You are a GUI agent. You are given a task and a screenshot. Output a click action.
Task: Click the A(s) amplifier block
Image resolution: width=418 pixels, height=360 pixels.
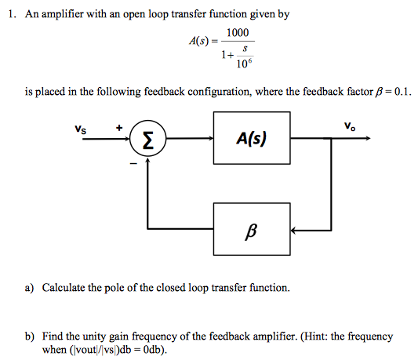click(252, 139)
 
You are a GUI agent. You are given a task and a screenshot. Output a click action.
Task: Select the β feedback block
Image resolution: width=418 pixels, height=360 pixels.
click(252, 231)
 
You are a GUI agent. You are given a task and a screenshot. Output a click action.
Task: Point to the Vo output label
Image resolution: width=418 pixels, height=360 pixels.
click(348, 125)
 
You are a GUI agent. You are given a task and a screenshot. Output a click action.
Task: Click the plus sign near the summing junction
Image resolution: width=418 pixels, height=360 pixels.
click(119, 126)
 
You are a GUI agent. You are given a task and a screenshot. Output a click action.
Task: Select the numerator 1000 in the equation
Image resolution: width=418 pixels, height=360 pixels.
click(237, 33)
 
